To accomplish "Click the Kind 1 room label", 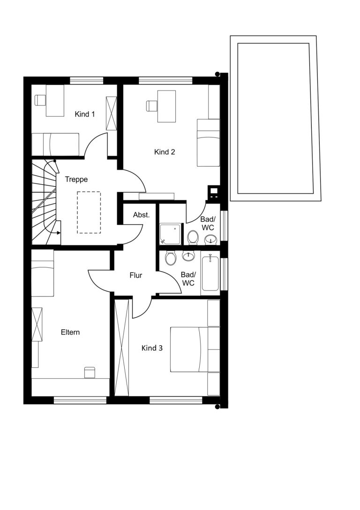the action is coord(84,114).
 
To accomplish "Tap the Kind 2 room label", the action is coord(165,152).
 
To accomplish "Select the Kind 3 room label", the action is coord(152,348).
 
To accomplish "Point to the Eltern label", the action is coord(70,332).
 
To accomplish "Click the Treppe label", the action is coord(76,180).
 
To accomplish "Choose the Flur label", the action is coord(136,275).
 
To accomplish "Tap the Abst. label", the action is coord(142,215).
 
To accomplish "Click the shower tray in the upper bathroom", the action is coord(170,234).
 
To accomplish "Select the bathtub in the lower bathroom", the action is coord(210,273).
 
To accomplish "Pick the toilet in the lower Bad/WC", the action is coord(170,258).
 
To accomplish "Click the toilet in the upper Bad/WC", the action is coord(193,237).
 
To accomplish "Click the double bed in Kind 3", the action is coord(189,349).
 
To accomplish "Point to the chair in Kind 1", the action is coord(40,100).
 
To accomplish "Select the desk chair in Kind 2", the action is coord(152,106).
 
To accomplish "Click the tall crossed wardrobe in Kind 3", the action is coord(122,347).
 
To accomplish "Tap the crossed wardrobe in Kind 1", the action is coord(111,113).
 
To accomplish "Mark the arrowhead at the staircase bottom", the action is coord(59,233).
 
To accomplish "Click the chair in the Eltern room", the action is coord(90,373).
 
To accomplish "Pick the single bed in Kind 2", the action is coord(208,143).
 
